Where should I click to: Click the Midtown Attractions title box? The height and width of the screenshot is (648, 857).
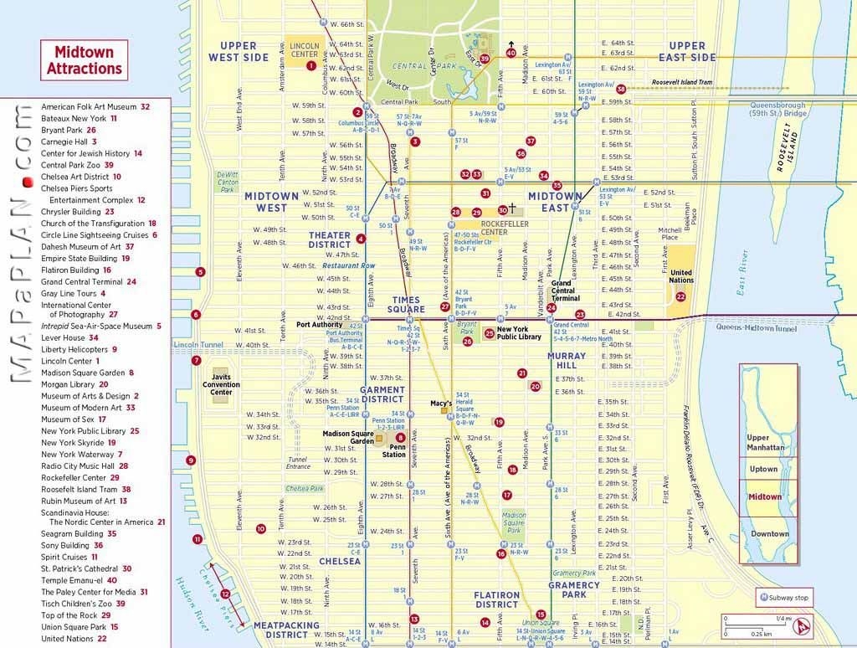pyautogui.click(x=84, y=60)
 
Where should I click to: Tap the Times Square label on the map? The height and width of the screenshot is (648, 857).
pyautogui.click(x=407, y=305)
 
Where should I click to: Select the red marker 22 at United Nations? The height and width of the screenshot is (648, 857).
pyautogui.click(x=680, y=296)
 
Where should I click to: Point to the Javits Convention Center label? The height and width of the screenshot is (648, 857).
pyautogui.click(x=221, y=385)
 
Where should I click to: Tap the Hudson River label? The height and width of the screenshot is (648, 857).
pyautogui.click(x=189, y=603)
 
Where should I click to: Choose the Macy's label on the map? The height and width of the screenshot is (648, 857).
pyautogui.click(x=441, y=404)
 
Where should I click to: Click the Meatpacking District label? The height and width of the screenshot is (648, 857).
pyautogui.click(x=286, y=630)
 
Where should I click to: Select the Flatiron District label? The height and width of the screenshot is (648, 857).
pyautogui.click(x=497, y=599)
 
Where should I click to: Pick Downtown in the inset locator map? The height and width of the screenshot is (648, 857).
pyautogui.click(x=769, y=533)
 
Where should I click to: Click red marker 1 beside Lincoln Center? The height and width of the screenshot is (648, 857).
pyautogui.click(x=311, y=64)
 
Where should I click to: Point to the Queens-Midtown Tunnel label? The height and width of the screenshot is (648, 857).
pyautogui.click(x=756, y=328)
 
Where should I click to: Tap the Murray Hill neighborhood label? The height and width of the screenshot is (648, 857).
pyautogui.click(x=567, y=361)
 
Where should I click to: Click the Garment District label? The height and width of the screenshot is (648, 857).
pyautogui.click(x=382, y=394)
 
